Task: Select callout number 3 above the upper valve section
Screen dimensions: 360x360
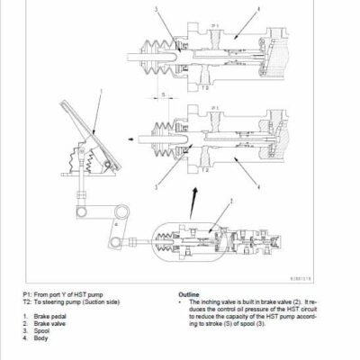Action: pos(156,9)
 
